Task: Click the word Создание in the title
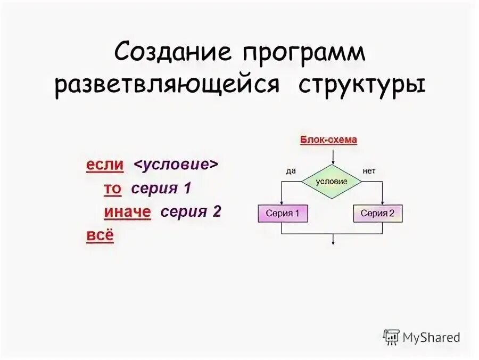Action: tap(172, 53)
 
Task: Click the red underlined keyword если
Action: tap(105, 165)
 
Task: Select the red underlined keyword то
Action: tap(112, 189)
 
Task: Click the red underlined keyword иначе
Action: tap(127, 212)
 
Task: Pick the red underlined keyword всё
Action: tap(100, 235)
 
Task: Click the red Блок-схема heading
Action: tap(328, 140)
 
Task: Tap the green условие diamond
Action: tap(331, 182)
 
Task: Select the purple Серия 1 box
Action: tap(283, 214)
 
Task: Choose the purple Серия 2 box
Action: tap(377, 214)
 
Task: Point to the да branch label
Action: tap(290, 171)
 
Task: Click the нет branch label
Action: tap(369, 171)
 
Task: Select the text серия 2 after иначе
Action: tap(191, 212)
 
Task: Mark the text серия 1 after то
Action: tap(161, 189)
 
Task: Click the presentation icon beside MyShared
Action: tap(391, 337)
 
